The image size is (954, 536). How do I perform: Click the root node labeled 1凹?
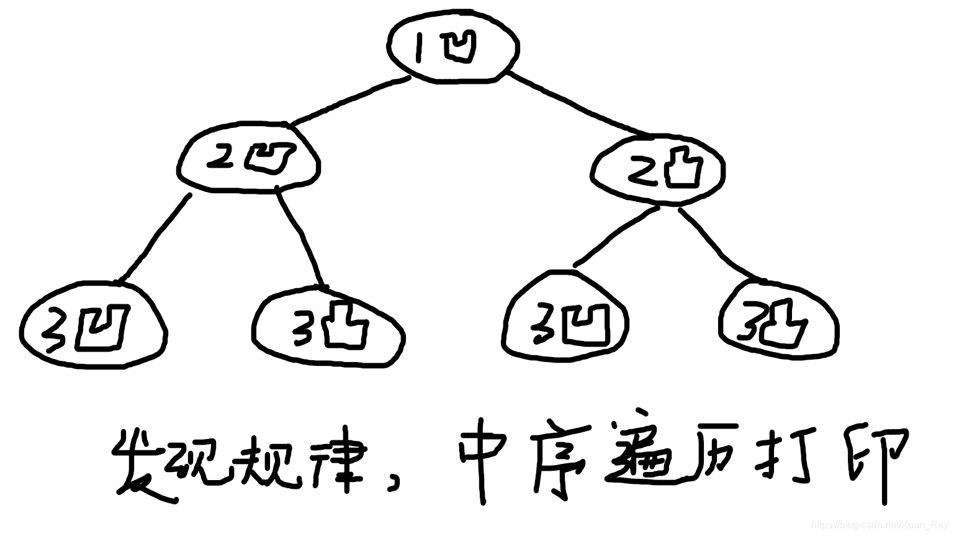tap(453, 47)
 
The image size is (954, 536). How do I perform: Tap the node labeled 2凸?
tap(658, 169)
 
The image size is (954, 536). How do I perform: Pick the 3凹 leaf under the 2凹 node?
tap(93, 326)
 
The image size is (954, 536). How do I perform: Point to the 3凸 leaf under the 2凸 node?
tap(779, 322)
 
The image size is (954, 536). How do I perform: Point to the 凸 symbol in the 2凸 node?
tap(683, 168)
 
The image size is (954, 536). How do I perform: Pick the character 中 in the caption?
tap(481, 460)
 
